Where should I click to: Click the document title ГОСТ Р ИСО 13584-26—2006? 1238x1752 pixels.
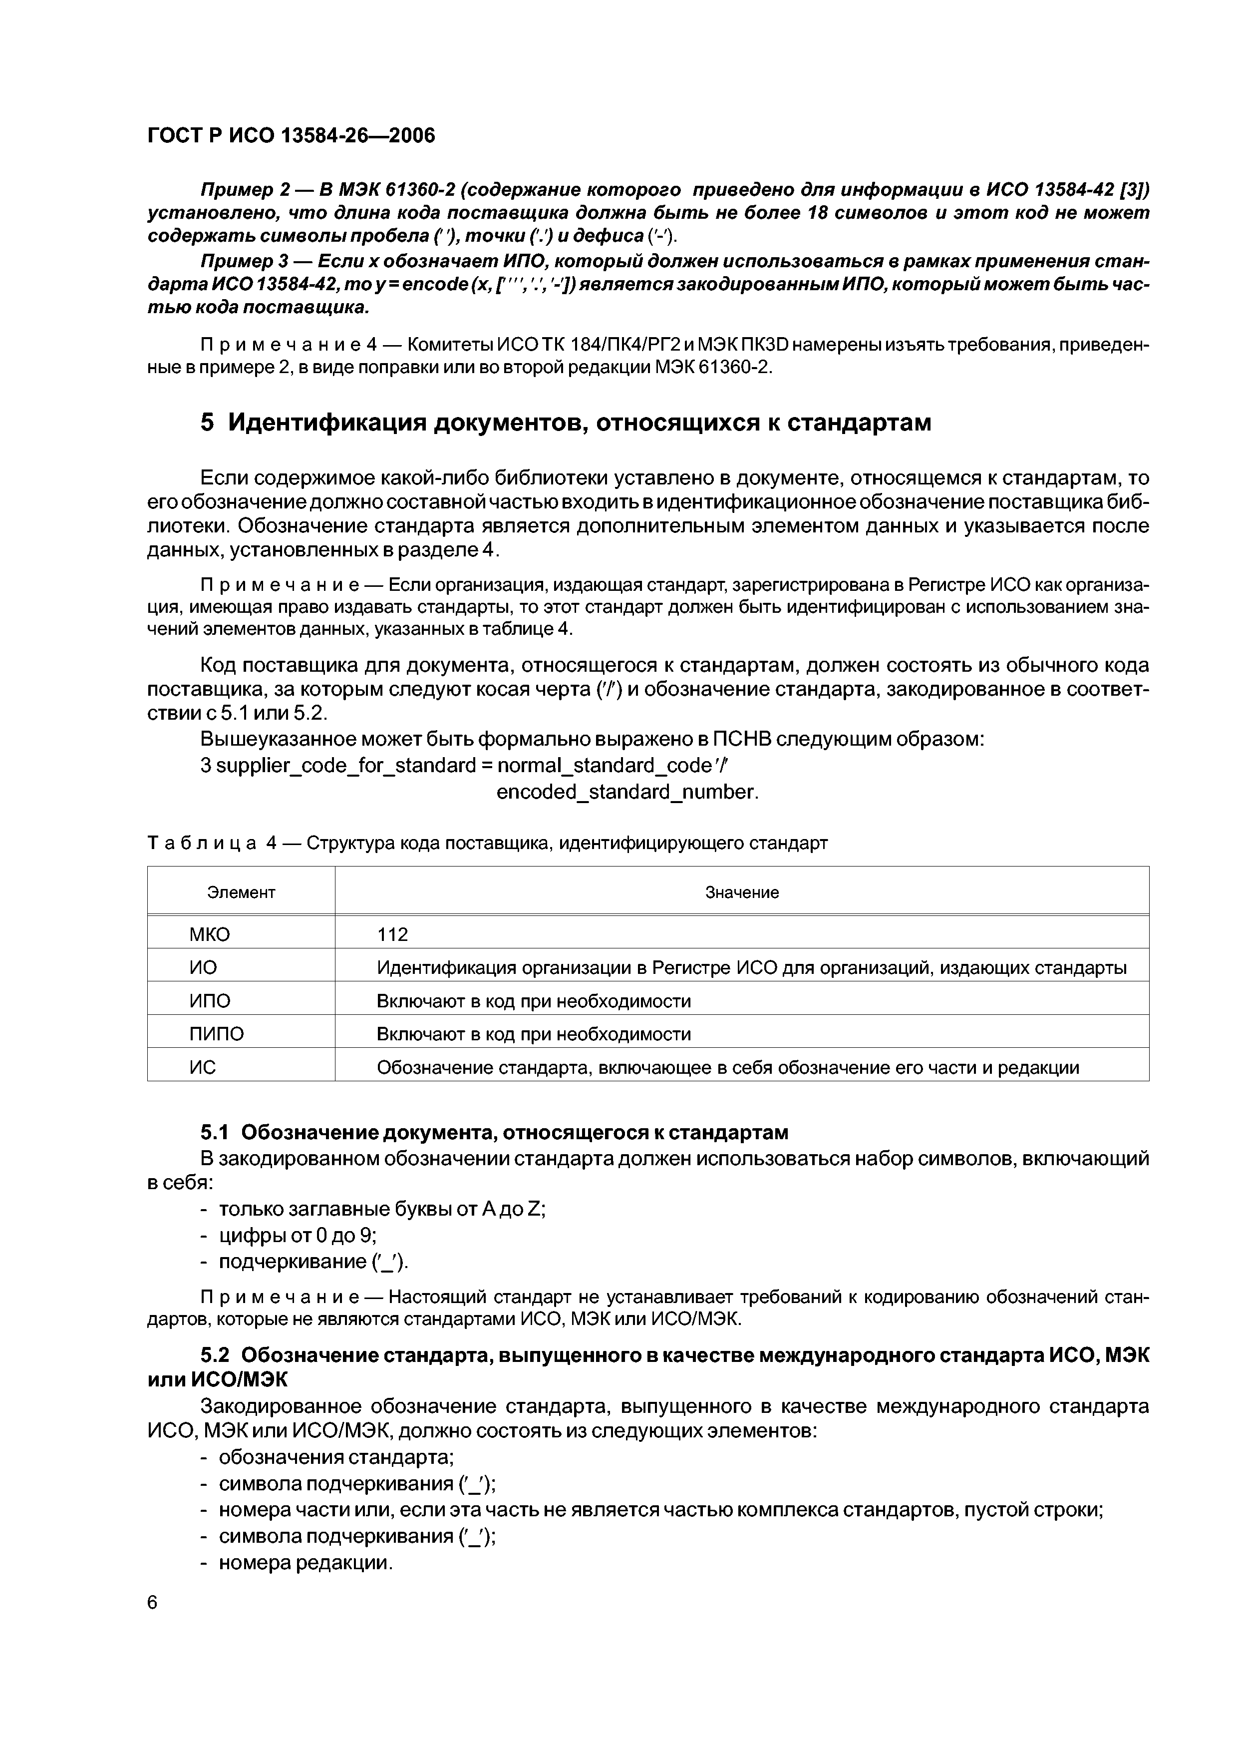(x=291, y=136)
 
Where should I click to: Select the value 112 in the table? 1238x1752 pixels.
(x=393, y=935)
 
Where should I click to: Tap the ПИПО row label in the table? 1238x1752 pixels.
(x=217, y=1034)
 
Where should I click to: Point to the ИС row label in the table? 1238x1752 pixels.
(x=203, y=1067)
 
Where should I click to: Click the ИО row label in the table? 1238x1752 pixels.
(x=203, y=967)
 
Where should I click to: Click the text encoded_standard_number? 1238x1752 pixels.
(x=627, y=792)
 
